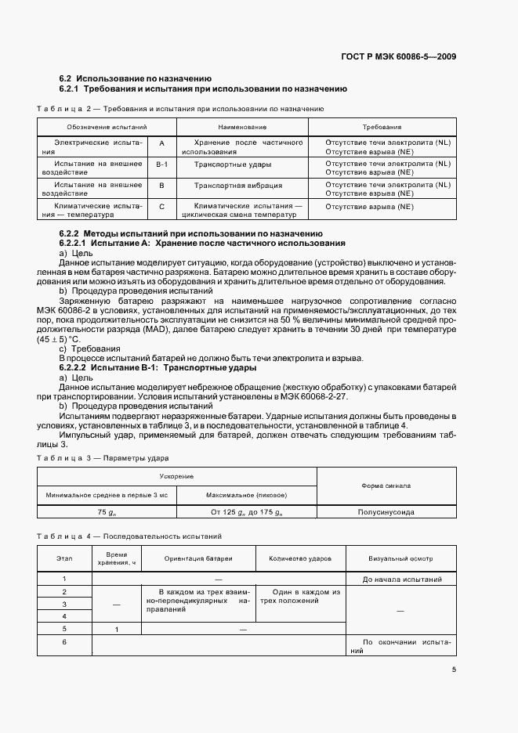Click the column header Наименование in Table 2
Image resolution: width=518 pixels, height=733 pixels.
click(x=242, y=126)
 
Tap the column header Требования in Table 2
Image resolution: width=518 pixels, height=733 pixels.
click(x=382, y=126)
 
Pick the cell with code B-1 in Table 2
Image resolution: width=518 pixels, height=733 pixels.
click(x=161, y=164)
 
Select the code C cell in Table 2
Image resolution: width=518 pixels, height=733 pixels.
click(x=161, y=207)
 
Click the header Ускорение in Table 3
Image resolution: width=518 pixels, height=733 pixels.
click(x=177, y=476)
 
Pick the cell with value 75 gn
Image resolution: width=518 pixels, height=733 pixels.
click(x=107, y=511)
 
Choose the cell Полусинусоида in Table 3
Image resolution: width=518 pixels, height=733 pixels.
click(x=386, y=511)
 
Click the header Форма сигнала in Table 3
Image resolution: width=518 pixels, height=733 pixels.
click(x=386, y=486)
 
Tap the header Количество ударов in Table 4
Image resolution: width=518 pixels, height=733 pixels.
click(x=300, y=559)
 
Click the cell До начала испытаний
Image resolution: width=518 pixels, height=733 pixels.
click(x=402, y=580)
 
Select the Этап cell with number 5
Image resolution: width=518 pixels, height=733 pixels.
click(x=64, y=629)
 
